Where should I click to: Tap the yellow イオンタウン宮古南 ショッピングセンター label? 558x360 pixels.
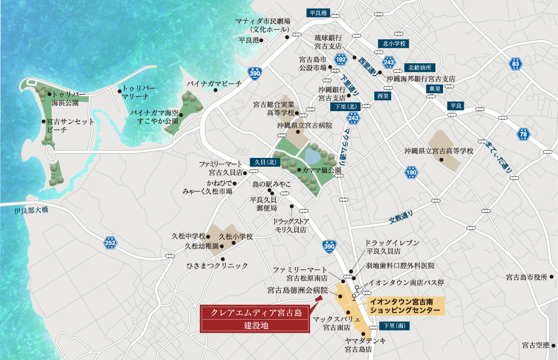pyautogui.click(x=405, y=306)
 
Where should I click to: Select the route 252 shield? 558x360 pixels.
pyautogui.click(x=111, y=243)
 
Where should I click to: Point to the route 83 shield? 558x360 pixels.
pyautogui.click(x=515, y=64)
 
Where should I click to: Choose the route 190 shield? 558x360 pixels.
pyautogui.click(x=411, y=173)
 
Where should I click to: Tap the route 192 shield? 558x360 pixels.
pyautogui.click(x=341, y=58)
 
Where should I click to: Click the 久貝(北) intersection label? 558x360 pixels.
pyautogui.click(x=265, y=162)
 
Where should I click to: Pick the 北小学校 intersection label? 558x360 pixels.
pyautogui.click(x=394, y=44)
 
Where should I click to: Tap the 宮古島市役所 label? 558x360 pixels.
pyautogui.click(x=526, y=277)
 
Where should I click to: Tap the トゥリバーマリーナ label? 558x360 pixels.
pyautogui.click(x=139, y=92)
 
